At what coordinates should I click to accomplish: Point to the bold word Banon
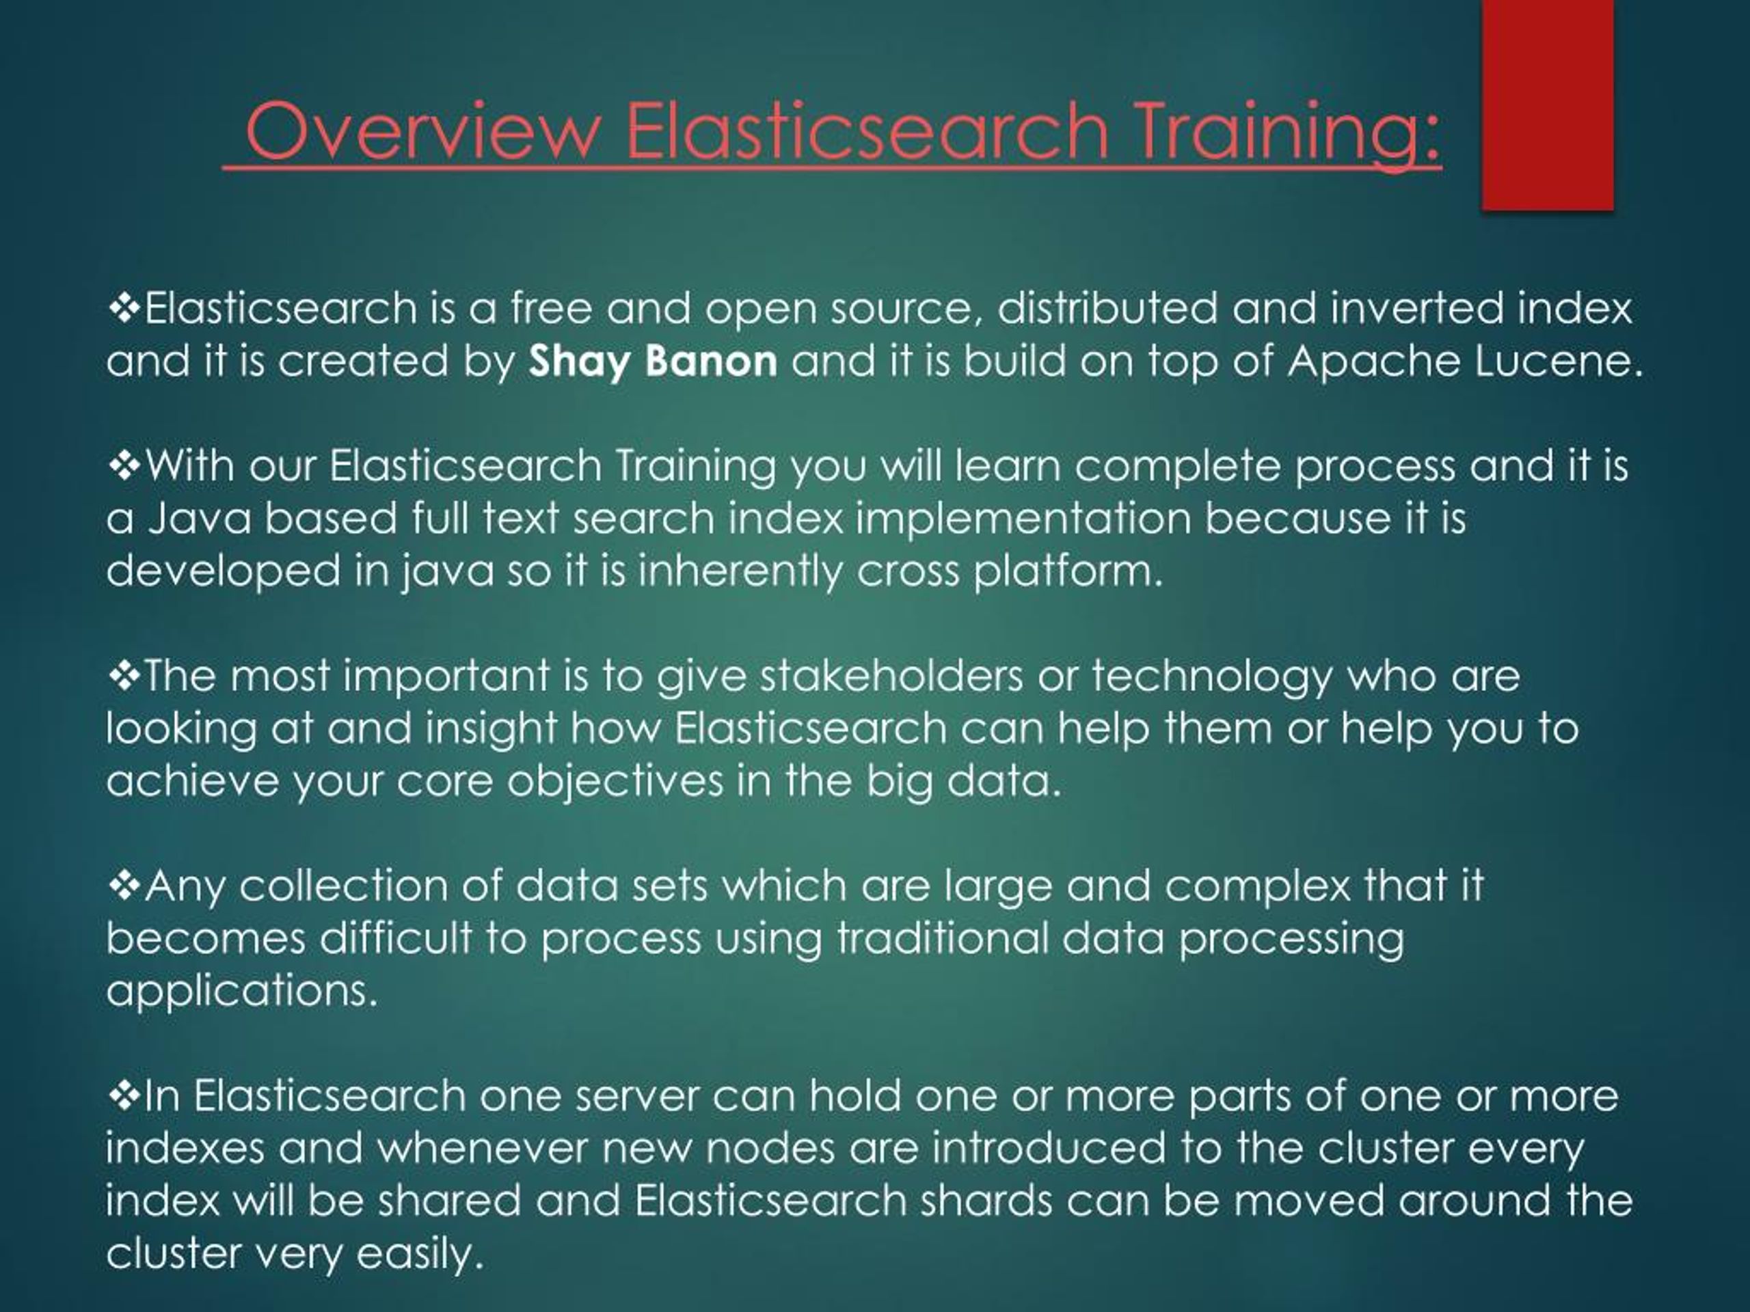click(710, 361)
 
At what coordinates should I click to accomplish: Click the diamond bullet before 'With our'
click(124, 466)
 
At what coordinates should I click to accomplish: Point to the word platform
click(1067, 571)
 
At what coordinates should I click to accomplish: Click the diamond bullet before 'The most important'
click(124, 676)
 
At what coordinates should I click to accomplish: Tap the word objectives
click(615, 781)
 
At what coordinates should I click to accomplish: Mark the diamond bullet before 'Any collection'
click(124, 885)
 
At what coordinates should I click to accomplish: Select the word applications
click(241, 991)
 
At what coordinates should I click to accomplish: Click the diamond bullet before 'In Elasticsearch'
click(124, 1096)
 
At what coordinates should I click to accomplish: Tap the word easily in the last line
click(419, 1253)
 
